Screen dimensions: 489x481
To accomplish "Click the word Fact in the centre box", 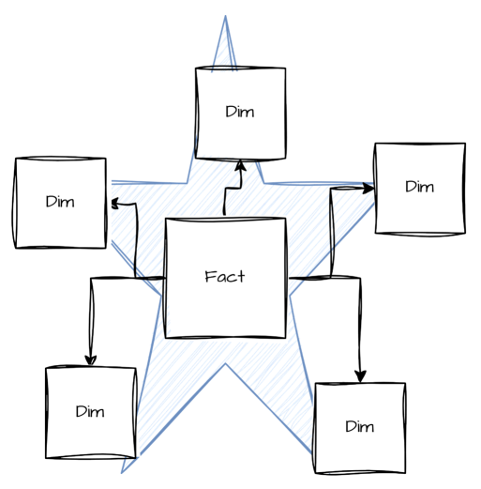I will pyautogui.click(x=225, y=277).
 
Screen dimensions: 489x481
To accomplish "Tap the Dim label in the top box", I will pyautogui.click(x=240, y=112).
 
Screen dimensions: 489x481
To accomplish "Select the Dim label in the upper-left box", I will pyautogui.click(x=60, y=202).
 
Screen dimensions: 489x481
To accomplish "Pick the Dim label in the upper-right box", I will pyautogui.click(x=419, y=187).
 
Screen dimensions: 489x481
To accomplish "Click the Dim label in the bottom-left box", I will pyautogui.click(x=90, y=411).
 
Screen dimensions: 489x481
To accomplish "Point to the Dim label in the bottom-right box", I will pyautogui.click(x=359, y=427).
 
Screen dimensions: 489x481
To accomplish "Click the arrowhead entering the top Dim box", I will pyautogui.click(x=241, y=166).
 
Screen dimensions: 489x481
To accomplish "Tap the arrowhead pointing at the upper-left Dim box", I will pyautogui.click(x=113, y=202).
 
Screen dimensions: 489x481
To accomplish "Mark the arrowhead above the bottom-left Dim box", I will pyautogui.click(x=90, y=359).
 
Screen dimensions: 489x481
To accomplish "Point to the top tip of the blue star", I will pyautogui.click(x=226, y=17).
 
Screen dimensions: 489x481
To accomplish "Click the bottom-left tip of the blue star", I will pyautogui.click(x=123, y=471).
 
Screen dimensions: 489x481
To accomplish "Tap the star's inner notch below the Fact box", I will pyautogui.click(x=225, y=364).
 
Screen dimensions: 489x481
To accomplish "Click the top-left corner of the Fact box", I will pyautogui.click(x=166, y=220).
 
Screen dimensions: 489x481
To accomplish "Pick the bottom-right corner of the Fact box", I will pyautogui.click(x=285, y=337).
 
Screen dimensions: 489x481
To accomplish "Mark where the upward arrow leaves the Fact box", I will pyautogui.click(x=225, y=218).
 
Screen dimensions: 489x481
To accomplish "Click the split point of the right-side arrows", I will pyautogui.click(x=331, y=278).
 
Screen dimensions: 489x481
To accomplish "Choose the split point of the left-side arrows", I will pyautogui.click(x=136, y=278).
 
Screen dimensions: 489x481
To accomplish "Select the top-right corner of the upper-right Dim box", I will pyautogui.click(x=464, y=145).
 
